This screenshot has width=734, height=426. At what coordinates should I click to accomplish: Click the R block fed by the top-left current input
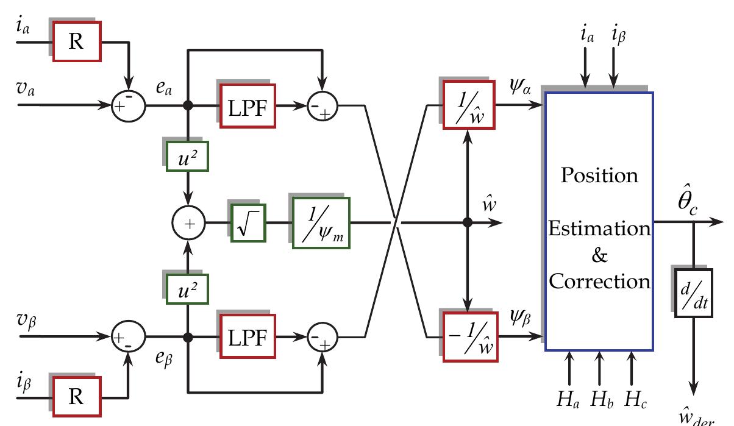(77, 41)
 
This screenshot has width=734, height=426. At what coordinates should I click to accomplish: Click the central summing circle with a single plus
(189, 223)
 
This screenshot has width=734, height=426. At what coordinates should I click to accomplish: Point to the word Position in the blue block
(599, 177)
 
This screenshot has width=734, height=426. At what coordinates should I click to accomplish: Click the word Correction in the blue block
(599, 282)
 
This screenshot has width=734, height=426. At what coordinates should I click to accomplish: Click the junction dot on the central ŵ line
(468, 222)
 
